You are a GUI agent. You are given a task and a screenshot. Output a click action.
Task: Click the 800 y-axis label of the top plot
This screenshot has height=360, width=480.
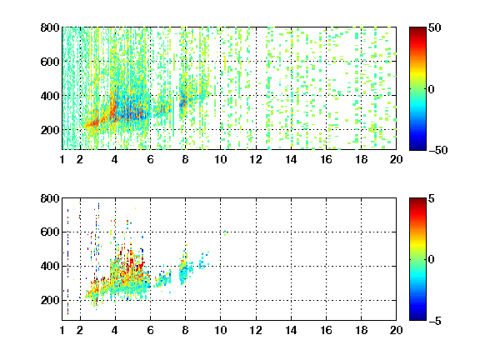tap(50, 27)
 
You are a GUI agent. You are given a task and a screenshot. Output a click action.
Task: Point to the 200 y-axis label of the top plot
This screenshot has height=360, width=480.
tap(50, 130)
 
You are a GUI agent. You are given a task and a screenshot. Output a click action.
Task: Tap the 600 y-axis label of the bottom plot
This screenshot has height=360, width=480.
tap(50, 232)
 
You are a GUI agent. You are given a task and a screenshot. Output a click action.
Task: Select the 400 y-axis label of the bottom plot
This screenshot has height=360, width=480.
tap(50, 266)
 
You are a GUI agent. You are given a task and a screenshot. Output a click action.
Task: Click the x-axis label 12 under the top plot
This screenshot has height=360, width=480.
tap(256, 159)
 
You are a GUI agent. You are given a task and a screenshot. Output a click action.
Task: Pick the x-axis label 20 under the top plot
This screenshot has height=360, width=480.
tap(396, 159)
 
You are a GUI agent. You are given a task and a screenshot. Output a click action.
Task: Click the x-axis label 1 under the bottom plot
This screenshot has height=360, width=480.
tap(62, 330)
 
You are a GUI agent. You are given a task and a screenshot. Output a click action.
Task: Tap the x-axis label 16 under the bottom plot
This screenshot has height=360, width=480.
tap(326, 330)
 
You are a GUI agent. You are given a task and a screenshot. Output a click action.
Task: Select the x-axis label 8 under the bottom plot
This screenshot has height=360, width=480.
tap(185, 330)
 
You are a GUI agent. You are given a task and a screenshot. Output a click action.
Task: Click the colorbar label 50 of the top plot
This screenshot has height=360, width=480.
tap(434, 28)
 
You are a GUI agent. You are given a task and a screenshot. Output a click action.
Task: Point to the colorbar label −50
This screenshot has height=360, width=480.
tap(437, 150)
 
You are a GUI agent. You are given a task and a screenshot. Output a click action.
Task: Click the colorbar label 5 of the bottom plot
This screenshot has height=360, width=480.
tap(432, 198)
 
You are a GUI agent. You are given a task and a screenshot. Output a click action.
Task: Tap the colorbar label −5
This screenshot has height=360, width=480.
tap(434, 321)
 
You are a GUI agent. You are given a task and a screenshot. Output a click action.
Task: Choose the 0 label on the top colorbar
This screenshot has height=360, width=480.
tap(432, 89)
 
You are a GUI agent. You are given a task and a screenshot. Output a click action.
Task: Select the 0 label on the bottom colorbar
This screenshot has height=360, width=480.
tap(432, 260)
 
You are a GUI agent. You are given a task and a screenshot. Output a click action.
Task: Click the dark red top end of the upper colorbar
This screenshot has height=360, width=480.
tap(417, 28)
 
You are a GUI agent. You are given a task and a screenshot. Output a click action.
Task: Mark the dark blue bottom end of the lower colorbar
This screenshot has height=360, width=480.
tap(417, 318)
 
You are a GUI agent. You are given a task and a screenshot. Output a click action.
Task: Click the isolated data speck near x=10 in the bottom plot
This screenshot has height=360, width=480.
tap(225, 233)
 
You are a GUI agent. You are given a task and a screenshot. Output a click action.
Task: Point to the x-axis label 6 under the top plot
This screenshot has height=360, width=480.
tap(150, 159)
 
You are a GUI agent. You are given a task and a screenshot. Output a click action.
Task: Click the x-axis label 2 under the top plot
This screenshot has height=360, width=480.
tap(80, 159)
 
